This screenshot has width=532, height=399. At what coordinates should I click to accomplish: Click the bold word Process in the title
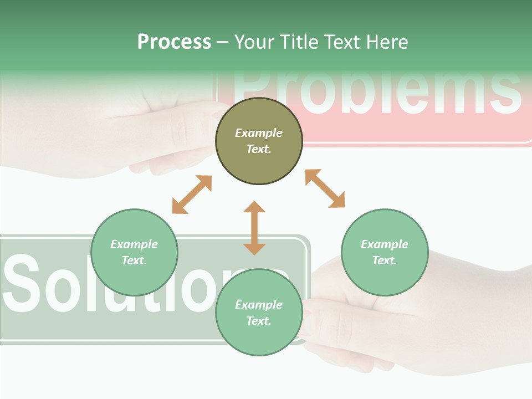[174, 42]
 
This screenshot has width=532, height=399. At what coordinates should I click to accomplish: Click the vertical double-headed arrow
[254, 228]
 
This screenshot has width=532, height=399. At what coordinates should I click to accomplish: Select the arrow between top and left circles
[192, 195]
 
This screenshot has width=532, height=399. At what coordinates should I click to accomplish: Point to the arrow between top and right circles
[325, 188]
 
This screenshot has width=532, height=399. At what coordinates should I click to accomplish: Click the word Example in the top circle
[259, 133]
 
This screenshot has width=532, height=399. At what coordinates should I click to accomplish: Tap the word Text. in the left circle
[134, 260]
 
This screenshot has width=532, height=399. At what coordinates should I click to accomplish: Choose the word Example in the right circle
[385, 244]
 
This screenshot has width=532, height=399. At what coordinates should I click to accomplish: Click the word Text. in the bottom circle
[259, 321]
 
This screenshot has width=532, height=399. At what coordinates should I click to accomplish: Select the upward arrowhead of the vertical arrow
[254, 207]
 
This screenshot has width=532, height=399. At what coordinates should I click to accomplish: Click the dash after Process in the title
[222, 43]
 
